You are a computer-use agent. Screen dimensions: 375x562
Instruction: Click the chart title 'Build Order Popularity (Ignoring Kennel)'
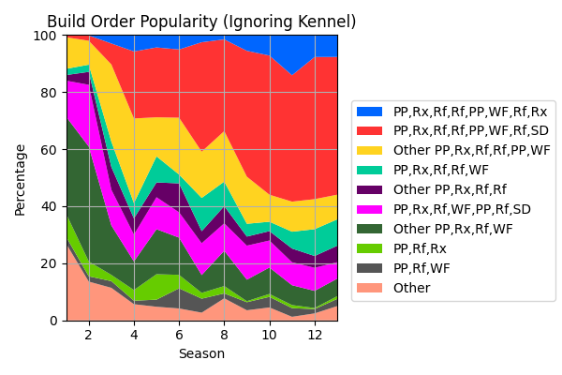(x=201, y=22)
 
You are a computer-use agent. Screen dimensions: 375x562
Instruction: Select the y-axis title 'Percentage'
(x=20, y=178)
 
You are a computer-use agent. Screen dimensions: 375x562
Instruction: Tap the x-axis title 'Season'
(x=201, y=354)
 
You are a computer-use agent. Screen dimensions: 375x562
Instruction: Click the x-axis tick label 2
(x=88, y=335)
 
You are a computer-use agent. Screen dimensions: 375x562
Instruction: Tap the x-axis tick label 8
(x=224, y=335)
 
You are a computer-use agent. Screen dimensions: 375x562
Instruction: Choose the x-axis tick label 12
(x=315, y=335)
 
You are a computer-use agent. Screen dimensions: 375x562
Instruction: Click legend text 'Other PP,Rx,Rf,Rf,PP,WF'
(x=472, y=150)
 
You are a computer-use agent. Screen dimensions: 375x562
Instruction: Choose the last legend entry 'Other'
(x=413, y=288)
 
